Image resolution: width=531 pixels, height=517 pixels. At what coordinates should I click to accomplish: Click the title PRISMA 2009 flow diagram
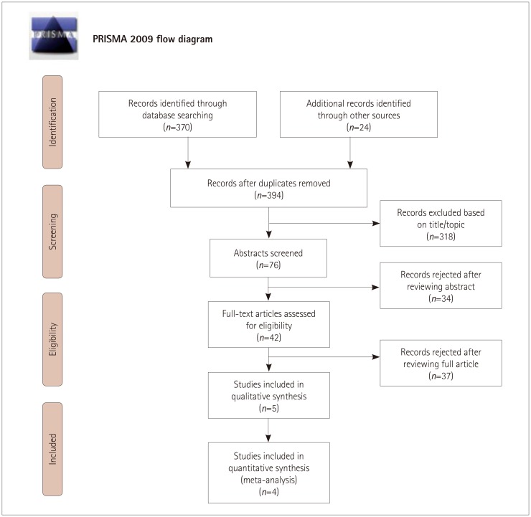(x=152, y=39)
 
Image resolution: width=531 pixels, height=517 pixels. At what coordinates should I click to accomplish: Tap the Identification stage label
(x=52, y=122)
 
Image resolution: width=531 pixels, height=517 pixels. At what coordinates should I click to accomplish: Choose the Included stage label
(x=52, y=448)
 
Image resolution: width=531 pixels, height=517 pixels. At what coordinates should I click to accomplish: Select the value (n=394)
(x=268, y=194)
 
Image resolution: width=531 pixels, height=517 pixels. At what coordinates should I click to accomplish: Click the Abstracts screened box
(x=268, y=257)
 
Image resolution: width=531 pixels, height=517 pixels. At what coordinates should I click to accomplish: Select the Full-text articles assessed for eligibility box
(x=268, y=324)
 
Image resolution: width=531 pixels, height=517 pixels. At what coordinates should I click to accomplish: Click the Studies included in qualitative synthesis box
(x=268, y=394)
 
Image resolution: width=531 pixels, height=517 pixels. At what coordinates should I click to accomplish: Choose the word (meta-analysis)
(x=268, y=480)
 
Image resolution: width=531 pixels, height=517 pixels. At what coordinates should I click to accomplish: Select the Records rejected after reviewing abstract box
(x=441, y=285)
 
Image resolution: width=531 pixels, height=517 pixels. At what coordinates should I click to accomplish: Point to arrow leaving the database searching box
(x=188, y=152)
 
